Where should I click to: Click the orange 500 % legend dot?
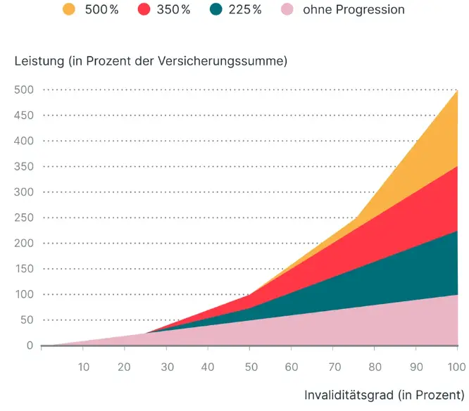click(68, 10)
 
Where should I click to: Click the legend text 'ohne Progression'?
click(354, 10)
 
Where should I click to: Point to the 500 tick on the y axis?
click(23, 89)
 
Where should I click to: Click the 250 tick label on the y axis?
click(23, 217)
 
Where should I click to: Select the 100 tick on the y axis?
click(23, 294)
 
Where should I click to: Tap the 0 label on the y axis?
click(30, 346)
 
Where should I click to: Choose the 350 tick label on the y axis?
click(23, 166)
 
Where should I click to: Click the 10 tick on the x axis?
click(83, 366)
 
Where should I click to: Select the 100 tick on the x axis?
click(456, 366)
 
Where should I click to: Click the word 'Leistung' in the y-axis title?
click(38, 61)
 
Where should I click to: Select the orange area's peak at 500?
click(456, 91)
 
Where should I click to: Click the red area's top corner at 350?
click(456, 167)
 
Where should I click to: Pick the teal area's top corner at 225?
click(456, 231)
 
